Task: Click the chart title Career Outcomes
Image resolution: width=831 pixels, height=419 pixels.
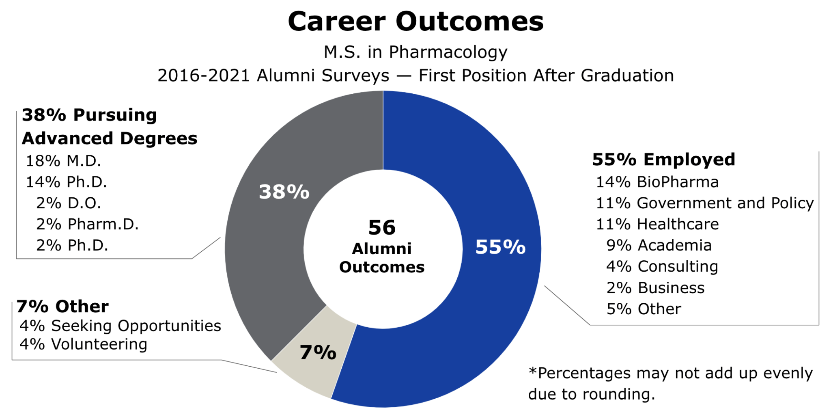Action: [415, 22]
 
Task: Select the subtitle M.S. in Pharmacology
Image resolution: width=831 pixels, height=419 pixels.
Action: [415, 52]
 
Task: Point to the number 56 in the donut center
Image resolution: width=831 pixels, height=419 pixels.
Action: [382, 227]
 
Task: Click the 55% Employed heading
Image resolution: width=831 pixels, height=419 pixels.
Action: [663, 160]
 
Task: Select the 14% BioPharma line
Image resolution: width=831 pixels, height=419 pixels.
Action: [657, 182]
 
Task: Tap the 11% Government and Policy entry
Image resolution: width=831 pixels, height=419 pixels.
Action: [704, 203]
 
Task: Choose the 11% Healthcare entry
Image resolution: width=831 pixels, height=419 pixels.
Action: [657, 224]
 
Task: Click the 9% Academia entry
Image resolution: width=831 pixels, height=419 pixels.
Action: [659, 245]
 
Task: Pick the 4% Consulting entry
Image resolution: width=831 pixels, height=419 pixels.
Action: [662, 266]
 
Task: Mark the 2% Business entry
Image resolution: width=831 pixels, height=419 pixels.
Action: [655, 288]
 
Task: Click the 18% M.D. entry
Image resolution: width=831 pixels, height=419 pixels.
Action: [63, 161]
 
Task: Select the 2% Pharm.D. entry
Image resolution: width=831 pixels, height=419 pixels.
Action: [87, 224]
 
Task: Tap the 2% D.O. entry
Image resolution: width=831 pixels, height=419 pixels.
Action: [68, 203]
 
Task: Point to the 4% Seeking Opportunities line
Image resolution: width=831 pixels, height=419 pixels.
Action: [120, 326]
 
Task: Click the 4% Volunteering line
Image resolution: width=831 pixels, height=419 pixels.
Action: [83, 344]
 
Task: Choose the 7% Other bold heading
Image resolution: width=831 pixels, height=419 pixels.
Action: [62, 307]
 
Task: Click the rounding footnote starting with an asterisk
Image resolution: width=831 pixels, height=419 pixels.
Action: [670, 383]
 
